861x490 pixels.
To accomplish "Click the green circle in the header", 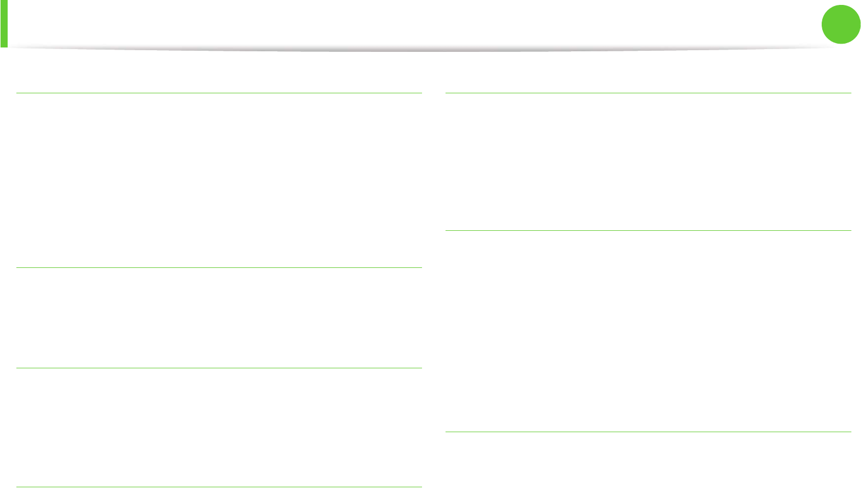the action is [841, 25].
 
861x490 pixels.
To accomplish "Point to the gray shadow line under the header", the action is [426, 49].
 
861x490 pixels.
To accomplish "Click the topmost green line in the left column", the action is [219, 93].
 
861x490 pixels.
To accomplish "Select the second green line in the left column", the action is [219, 267].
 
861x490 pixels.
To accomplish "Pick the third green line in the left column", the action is [219, 368].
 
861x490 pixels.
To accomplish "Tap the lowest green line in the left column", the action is [219, 487].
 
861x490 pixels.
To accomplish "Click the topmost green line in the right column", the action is [648, 93].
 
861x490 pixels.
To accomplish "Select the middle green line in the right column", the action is [648, 230].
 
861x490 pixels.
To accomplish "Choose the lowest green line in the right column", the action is [648, 432].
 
